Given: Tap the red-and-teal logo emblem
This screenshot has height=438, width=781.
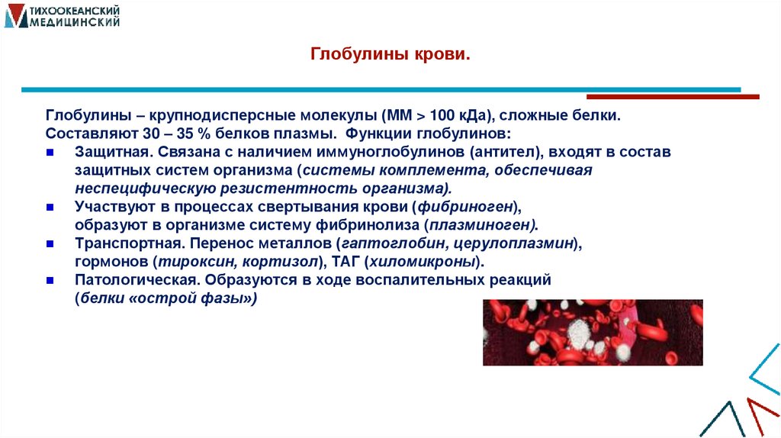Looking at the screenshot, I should (15, 16).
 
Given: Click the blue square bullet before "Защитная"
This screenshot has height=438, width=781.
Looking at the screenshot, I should (50, 152).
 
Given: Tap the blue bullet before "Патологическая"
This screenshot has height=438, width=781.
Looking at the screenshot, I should (50, 280).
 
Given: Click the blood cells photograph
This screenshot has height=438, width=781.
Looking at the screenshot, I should (593, 332).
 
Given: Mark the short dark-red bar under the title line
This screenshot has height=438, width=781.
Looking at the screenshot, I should (673, 97).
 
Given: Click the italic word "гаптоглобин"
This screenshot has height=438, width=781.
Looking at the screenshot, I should (391, 244).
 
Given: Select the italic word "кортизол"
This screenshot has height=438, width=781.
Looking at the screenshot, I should (283, 262).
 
